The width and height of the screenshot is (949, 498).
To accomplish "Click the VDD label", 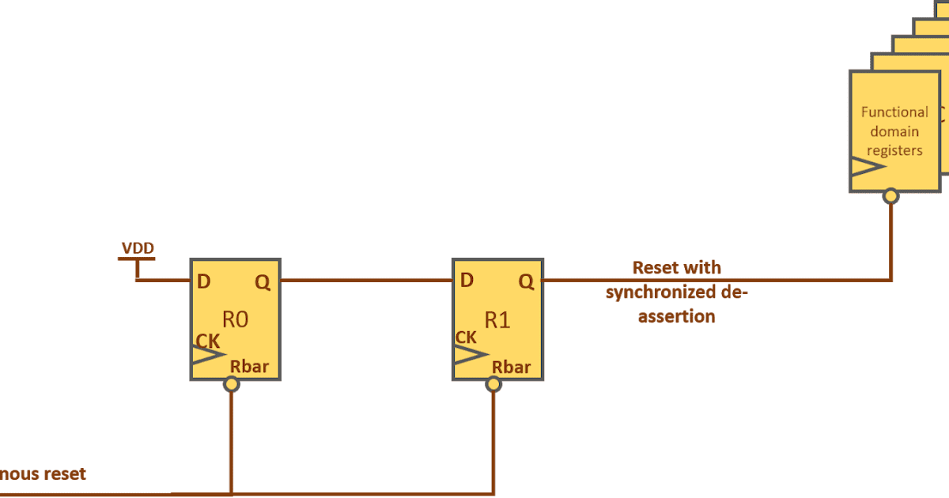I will (x=138, y=249).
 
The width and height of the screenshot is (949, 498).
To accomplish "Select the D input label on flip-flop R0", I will (x=203, y=281).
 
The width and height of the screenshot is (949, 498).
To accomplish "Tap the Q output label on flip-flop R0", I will (x=263, y=281).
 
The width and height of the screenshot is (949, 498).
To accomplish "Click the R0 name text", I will (x=235, y=320).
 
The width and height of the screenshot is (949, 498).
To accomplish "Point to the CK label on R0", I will (x=207, y=341).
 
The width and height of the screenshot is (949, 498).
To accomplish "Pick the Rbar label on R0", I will (x=249, y=367).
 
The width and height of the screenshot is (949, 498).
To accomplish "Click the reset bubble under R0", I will (x=231, y=384).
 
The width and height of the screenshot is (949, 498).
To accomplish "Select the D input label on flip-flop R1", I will (x=467, y=281).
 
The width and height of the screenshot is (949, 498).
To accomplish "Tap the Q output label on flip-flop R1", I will (x=525, y=281).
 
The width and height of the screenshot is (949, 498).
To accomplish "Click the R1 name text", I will (x=497, y=320).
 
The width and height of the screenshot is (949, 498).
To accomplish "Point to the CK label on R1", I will (x=467, y=338).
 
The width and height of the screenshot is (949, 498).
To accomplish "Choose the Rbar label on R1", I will (x=511, y=367).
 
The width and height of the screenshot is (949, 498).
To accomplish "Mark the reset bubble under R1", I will (x=493, y=384).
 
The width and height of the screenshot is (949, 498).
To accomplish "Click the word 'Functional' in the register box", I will (x=894, y=112).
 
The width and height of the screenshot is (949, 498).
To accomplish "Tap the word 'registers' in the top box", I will (x=895, y=150).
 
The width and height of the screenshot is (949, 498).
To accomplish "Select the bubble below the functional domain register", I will (x=891, y=194).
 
